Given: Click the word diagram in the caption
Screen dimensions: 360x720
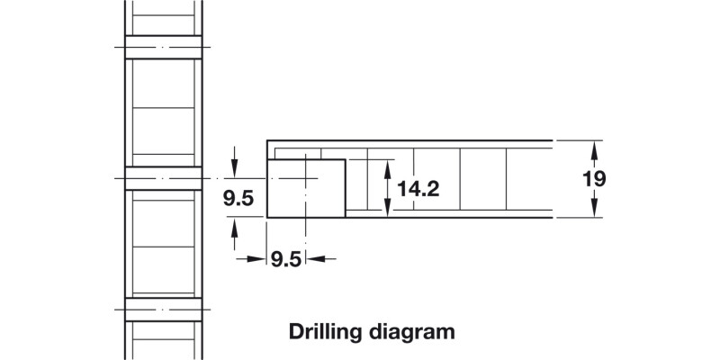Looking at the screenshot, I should [410, 331].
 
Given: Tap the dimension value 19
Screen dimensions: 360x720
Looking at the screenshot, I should [594, 178].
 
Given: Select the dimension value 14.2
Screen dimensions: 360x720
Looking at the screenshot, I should [418, 189].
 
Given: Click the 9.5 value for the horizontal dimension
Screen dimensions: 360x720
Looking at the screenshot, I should [285, 260].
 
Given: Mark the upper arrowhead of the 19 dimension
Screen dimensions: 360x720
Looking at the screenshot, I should [594, 147].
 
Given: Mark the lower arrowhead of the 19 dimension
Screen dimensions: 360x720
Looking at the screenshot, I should [594, 211].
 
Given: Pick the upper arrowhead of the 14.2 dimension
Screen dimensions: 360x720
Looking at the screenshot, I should [387, 166].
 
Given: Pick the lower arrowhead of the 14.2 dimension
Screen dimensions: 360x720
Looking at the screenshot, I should [387, 211].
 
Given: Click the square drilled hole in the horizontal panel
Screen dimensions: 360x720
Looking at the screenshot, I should [306, 188].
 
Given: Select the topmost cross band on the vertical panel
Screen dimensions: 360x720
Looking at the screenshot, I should [163, 47].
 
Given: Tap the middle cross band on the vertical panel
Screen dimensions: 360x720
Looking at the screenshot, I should [163, 178].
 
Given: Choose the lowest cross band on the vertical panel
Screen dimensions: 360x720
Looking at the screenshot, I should [163, 309].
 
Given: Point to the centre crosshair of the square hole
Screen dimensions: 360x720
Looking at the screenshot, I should [306, 179].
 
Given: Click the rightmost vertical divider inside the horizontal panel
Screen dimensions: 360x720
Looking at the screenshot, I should [507, 179].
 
